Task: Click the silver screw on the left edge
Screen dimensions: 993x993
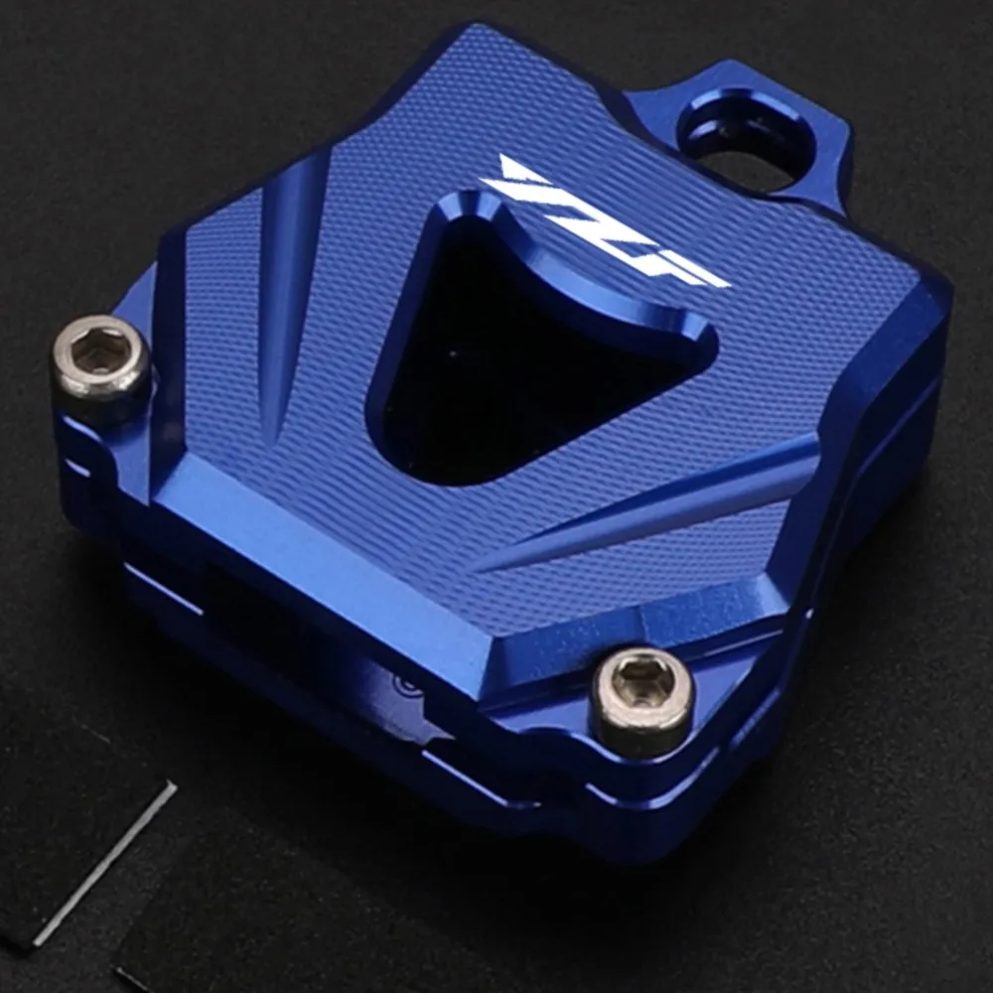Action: pyautogui.click(x=101, y=361)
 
